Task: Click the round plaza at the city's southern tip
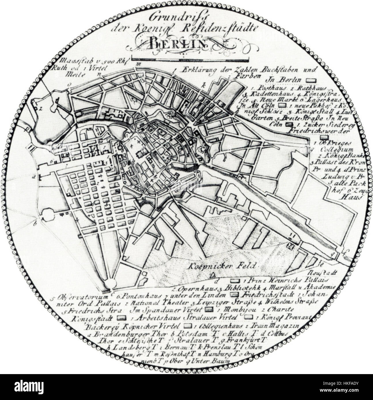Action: point(109,284)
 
